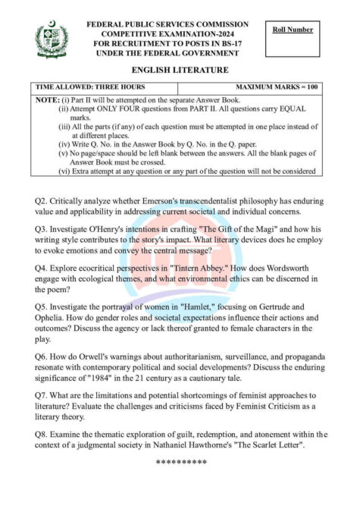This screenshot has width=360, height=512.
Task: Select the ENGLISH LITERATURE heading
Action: [179, 70]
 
